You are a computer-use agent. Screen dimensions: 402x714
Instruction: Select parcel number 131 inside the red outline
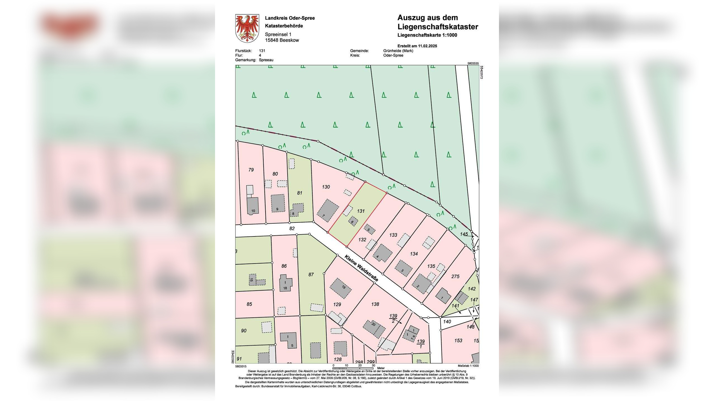tap(361, 211)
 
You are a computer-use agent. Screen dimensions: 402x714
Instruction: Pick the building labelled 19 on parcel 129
tap(341, 288)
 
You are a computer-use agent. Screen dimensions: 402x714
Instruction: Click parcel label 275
tap(455, 276)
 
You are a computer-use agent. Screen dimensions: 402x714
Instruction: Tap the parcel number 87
tap(311, 275)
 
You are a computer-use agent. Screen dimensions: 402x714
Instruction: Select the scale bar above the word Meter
tap(353, 368)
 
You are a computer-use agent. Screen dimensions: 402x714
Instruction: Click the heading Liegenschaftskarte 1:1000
tap(427, 35)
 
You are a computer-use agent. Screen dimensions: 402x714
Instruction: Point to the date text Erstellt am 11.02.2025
tap(417, 46)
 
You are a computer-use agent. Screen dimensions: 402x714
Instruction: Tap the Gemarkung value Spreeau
tap(266, 60)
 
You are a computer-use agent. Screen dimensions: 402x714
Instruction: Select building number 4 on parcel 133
tap(381, 253)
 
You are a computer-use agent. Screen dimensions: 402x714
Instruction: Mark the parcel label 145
tap(464, 234)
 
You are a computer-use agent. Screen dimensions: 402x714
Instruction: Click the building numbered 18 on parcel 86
tap(286, 283)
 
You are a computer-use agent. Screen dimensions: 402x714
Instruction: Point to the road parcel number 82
tap(292, 228)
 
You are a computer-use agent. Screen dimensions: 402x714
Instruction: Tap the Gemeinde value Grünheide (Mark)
tap(398, 51)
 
